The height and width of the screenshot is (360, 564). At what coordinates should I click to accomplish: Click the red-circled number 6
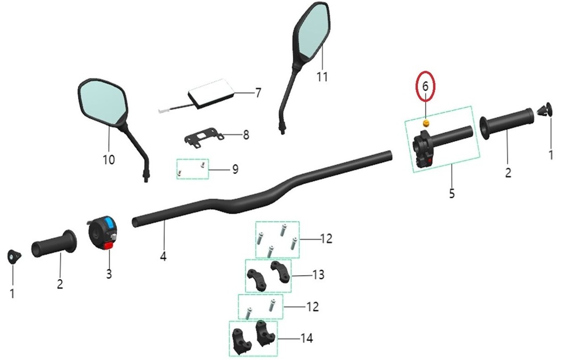[425, 86]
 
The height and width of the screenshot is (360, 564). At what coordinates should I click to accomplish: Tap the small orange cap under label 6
[426, 123]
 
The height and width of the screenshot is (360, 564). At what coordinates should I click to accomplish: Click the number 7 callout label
[258, 93]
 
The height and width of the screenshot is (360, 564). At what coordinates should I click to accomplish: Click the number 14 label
[306, 338]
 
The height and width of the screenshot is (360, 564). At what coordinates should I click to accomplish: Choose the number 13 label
[318, 275]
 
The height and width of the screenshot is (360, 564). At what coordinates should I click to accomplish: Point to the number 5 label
[452, 193]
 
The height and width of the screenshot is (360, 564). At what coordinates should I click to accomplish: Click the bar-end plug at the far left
[13, 256]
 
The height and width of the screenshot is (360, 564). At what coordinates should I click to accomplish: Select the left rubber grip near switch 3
[53, 244]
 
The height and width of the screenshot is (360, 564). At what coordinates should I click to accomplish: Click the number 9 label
[235, 169]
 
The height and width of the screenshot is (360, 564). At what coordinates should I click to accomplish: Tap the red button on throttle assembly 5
[430, 159]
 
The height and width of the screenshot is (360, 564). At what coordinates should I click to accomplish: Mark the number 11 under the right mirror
[322, 76]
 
